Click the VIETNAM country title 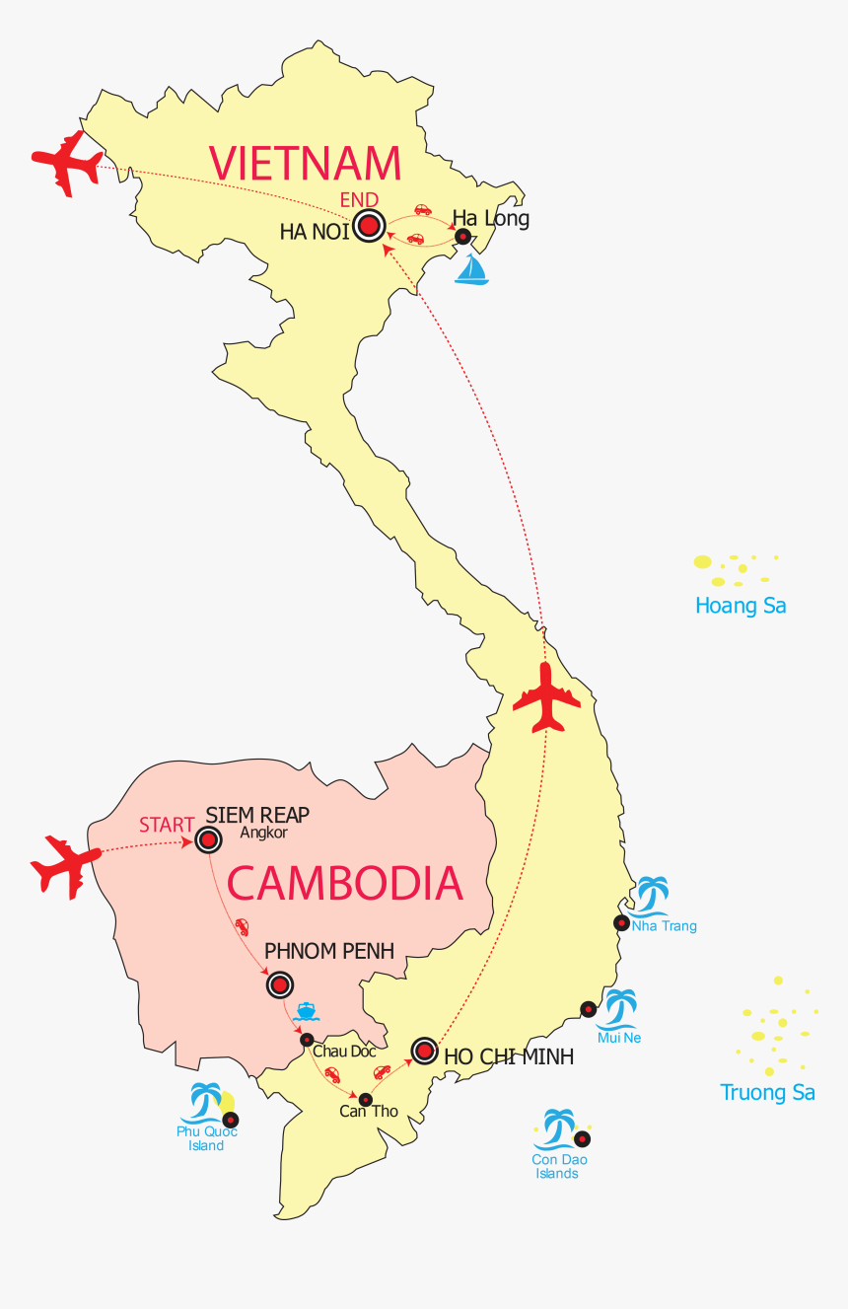tap(306, 163)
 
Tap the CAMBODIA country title tap(345, 883)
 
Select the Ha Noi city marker tap(369, 227)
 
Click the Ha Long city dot tap(461, 237)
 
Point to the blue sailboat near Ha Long tap(472, 270)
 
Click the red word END tap(359, 200)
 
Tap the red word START tap(166, 825)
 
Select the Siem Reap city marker tap(208, 839)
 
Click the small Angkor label tap(263, 834)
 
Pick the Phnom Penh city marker tap(280, 984)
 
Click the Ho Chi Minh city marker tap(424, 1052)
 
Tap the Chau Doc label tap(344, 1052)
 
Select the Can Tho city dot tap(365, 1099)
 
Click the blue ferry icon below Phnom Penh tap(306, 1011)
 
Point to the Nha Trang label tap(664, 926)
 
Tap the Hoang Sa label tap(741, 606)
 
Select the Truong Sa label tap(767, 1092)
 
